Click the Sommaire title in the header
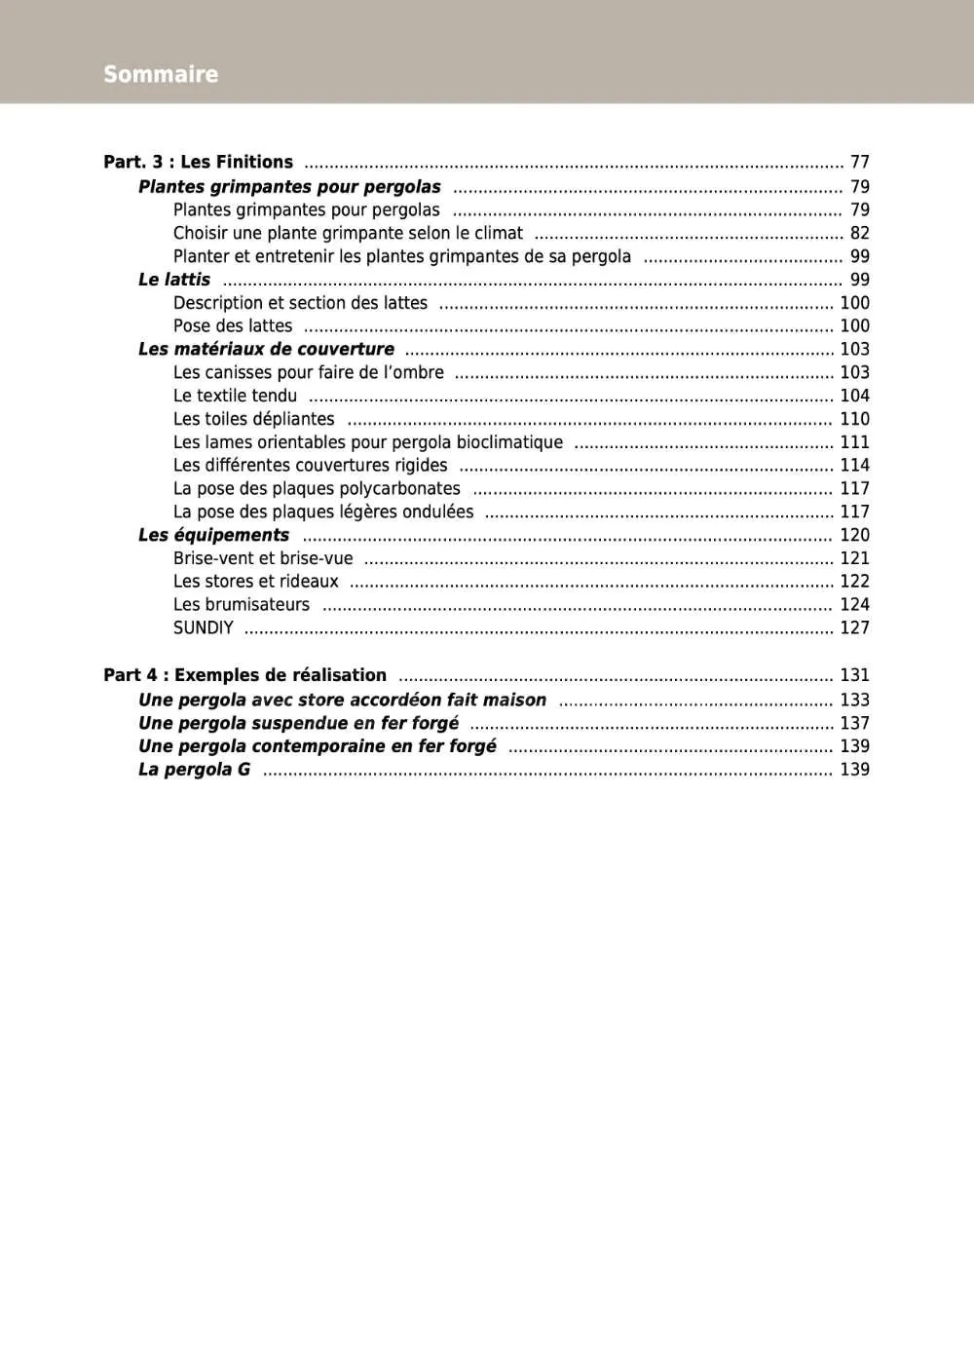(x=161, y=74)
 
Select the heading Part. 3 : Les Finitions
(x=198, y=162)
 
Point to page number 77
(x=859, y=162)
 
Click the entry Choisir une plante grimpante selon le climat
(x=348, y=233)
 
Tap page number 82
(x=859, y=233)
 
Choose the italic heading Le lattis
(x=174, y=280)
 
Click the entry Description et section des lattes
(x=300, y=303)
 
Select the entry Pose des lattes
(x=233, y=326)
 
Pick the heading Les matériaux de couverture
(x=266, y=349)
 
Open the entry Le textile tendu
(x=235, y=396)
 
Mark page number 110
(x=854, y=419)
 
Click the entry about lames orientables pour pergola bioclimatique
(x=367, y=442)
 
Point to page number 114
(x=854, y=466)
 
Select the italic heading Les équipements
(x=213, y=535)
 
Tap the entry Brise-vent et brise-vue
(x=263, y=558)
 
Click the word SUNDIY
(x=204, y=628)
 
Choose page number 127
(x=854, y=628)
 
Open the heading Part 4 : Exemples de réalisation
(x=244, y=675)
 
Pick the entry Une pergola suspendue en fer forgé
(x=298, y=723)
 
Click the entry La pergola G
(x=194, y=770)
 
